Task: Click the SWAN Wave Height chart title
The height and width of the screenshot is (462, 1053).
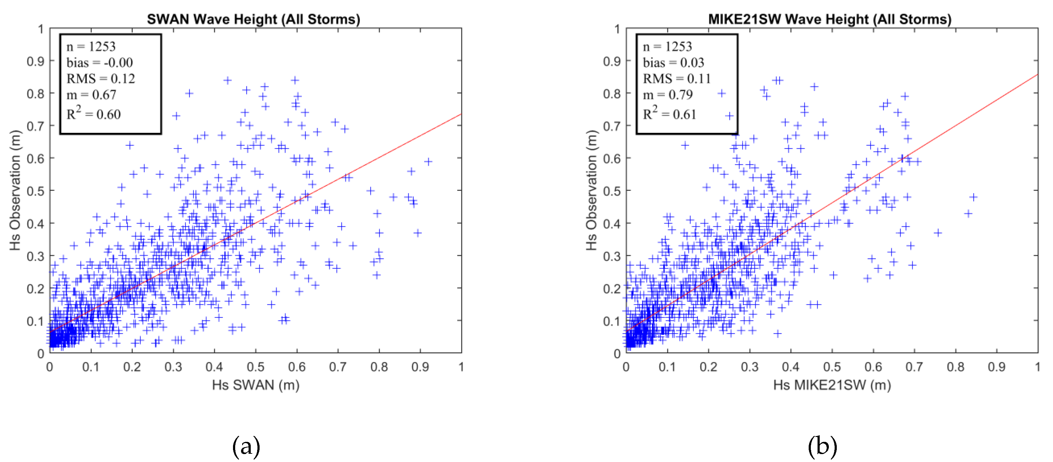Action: click(x=253, y=19)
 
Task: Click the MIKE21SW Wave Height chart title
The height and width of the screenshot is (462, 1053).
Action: click(x=829, y=19)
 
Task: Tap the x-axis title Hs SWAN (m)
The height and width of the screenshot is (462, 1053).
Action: click(x=256, y=385)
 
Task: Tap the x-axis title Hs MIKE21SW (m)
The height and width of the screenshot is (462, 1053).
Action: click(x=832, y=385)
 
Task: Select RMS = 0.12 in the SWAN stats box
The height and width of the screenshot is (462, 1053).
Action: click(x=100, y=78)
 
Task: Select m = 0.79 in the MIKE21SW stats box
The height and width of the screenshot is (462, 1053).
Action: click(x=668, y=95)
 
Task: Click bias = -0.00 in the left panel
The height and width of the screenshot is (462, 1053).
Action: click(x=99, y=63)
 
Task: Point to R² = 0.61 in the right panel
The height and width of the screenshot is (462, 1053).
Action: click(x=669, y=114)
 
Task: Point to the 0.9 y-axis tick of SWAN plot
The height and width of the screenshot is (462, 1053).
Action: click(x=35, y=61)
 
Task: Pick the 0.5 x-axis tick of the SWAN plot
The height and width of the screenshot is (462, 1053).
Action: click(x=256, y=367)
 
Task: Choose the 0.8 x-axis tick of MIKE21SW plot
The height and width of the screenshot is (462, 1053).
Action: click(x=955, y=367)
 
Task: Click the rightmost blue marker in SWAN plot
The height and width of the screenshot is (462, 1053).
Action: click(x=428, y=162)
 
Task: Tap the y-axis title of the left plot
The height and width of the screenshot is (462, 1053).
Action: click(x=15, y=190)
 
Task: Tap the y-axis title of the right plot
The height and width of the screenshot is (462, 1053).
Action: click(x=592, y=190)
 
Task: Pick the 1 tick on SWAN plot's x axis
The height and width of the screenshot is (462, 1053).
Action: click(x=461, y=367)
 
